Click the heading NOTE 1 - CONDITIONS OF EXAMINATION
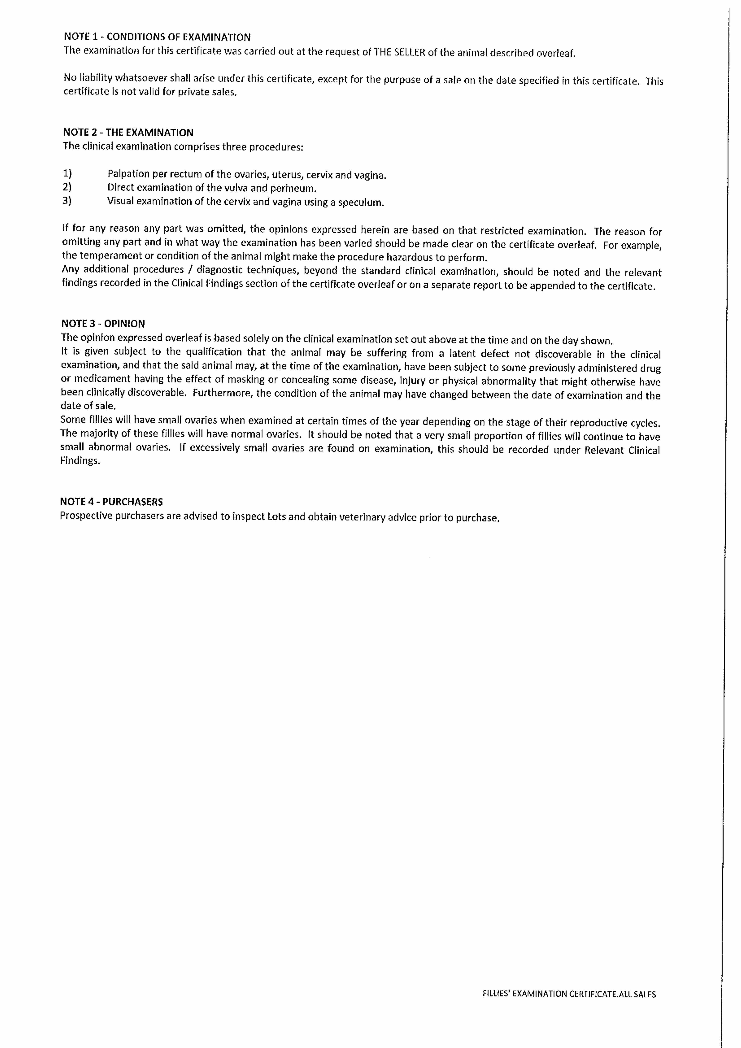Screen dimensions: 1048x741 (x=157, y=37)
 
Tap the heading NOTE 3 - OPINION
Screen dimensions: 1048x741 (x=103, y=324)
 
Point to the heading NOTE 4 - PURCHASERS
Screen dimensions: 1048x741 (x=111, y=502)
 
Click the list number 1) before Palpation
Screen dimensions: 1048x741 (x=67, y=174)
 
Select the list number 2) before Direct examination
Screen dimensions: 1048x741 (x=67, y=187)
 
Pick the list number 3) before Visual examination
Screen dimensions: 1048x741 (x=67, y=201)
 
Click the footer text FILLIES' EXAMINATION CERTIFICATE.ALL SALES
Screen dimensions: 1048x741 (x=569, y=994)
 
